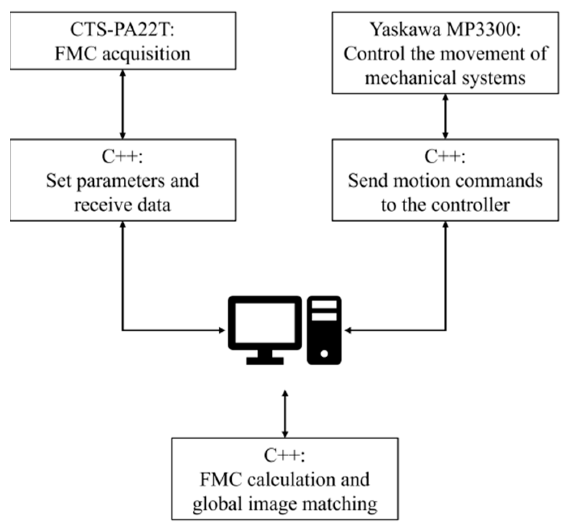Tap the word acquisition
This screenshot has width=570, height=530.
point(146,54)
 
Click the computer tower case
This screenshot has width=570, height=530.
point(324,330)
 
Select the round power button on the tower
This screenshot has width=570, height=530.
point(324,354)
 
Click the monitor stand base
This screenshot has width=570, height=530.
point(265,360)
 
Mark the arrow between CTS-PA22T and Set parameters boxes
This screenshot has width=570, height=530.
point(123,104)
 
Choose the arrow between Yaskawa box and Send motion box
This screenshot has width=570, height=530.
point(445,116)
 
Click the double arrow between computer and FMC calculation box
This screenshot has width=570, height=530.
point(285,414)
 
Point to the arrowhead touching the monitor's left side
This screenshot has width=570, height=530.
point(222,330)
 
